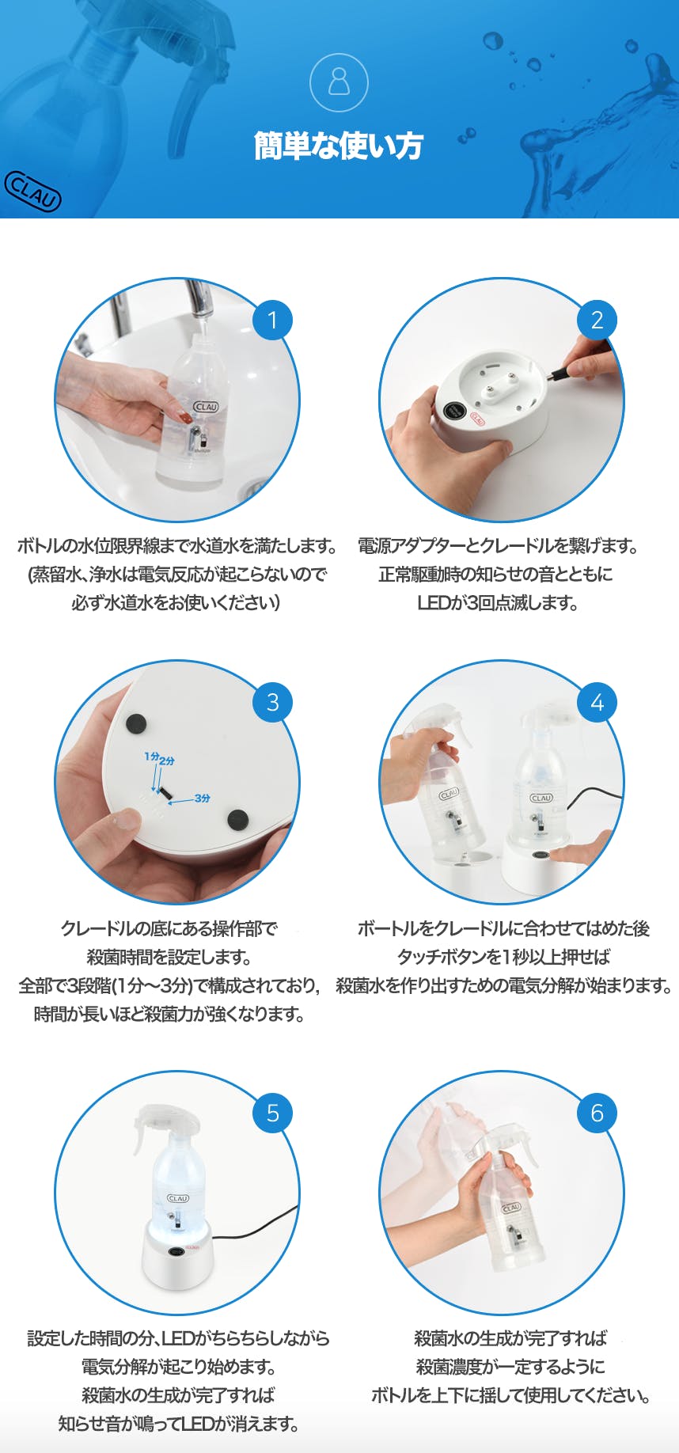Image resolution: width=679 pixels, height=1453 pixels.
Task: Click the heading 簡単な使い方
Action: pos(339,146)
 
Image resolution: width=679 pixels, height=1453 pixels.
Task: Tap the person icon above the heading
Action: pos(339,82)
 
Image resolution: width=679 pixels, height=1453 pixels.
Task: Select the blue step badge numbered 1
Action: pos(272,320)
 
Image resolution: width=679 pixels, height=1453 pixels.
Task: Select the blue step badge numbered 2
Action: pos(597,320)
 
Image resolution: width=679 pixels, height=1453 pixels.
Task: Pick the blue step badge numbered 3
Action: pos(272,702)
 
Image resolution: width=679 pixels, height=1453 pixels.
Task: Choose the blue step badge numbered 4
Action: pos(597,702)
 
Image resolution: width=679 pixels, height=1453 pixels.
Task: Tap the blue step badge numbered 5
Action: pos(272,1113)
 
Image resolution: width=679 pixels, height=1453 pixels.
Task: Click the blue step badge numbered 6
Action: pos(597,1113)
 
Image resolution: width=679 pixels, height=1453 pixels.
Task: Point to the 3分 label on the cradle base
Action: pos(203,799)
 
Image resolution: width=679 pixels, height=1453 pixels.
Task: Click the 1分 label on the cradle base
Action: pos(151,757)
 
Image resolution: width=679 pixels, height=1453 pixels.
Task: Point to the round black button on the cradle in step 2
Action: pos(453,412)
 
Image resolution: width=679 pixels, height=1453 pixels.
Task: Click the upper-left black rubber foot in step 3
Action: pos(136,723)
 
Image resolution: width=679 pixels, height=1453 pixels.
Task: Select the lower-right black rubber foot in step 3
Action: pos(237,819)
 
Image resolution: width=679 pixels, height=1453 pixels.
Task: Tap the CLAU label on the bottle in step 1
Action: pos(206,407)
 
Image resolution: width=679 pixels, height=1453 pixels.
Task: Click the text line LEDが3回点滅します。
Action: pos(498,603)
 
